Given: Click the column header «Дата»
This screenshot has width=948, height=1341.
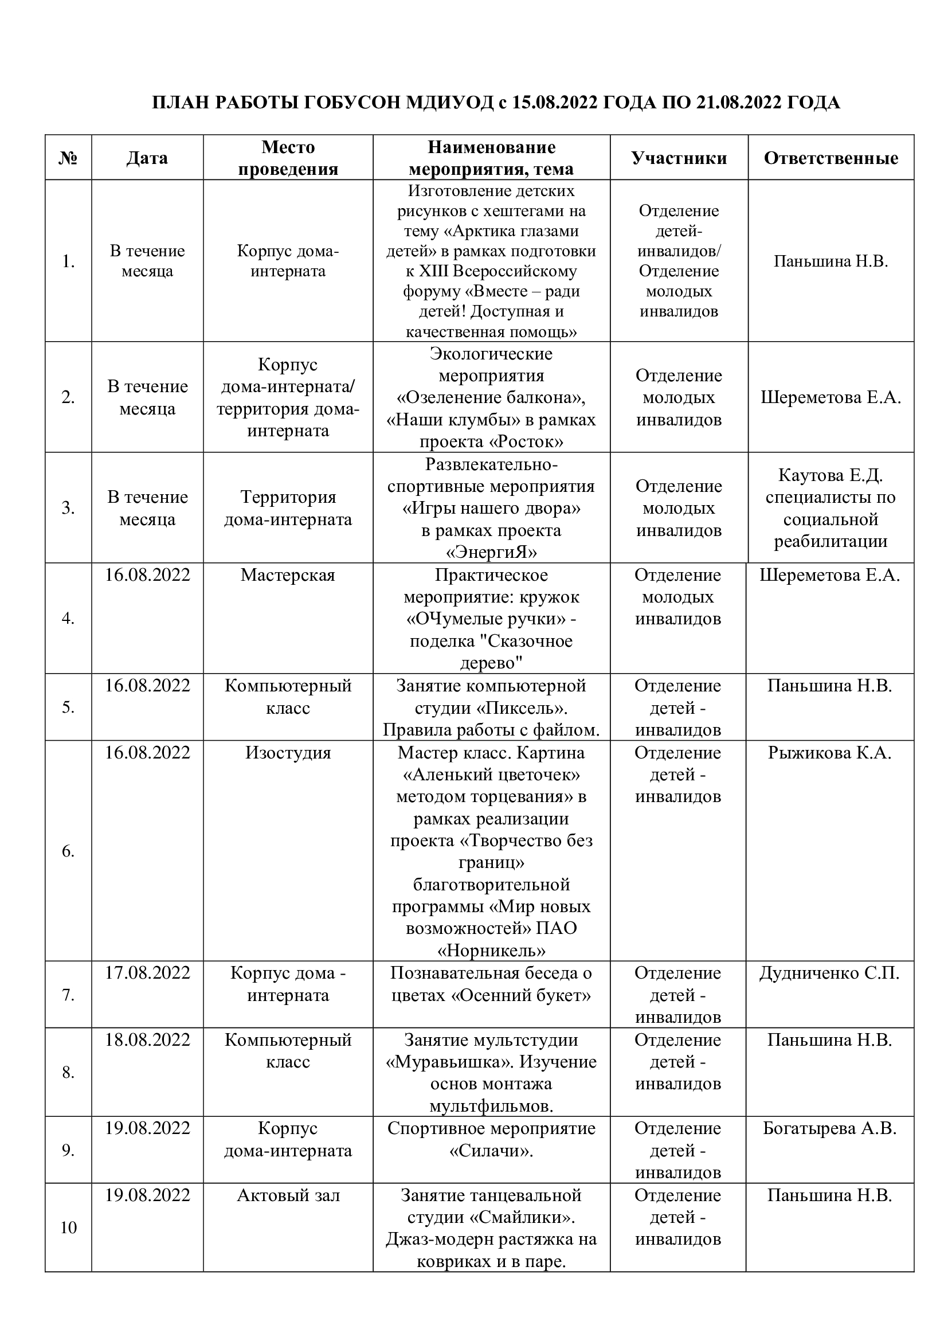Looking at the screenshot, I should [147, 158].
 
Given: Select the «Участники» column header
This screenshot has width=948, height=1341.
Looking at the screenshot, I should [679, 158].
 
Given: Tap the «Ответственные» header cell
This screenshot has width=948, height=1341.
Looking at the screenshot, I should [831, 158].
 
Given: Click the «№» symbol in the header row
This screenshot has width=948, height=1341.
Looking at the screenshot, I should [68, 158].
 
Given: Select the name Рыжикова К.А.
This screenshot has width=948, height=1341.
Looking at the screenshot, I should [829, 753].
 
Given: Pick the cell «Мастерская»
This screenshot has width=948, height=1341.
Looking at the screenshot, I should [288, 575].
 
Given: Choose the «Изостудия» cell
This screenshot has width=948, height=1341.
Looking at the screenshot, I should [288, 753].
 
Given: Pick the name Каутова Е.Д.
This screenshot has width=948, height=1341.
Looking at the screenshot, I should [830, 475].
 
